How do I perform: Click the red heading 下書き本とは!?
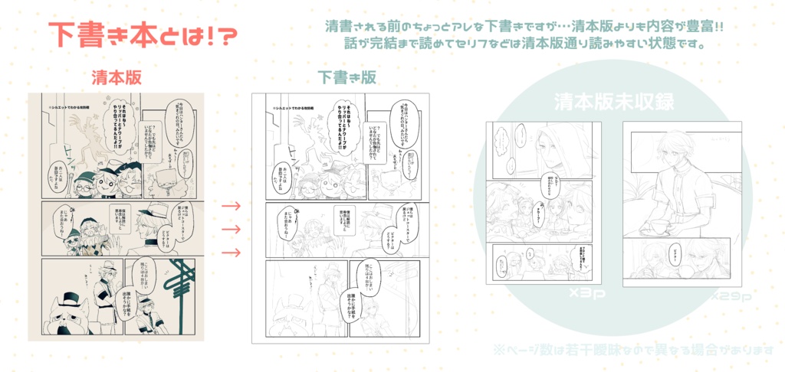click(x=142, y=34)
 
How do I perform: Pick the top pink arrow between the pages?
click(x=231, y=206)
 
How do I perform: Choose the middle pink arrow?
click(x=231, y=229)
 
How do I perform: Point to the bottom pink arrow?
click(x=231, y=252)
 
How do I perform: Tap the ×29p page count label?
click(x=728, y=295)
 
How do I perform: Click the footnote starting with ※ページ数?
click(x=633, y=350)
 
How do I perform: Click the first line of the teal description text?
click(x=524, y=27)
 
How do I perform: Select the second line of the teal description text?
click(x=524, y=44)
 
